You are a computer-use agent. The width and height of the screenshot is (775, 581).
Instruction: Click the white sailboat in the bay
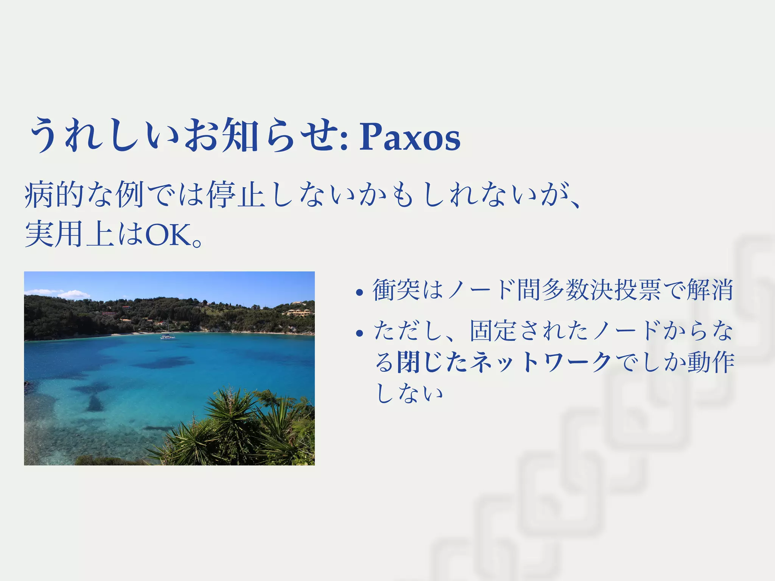click(168, 336)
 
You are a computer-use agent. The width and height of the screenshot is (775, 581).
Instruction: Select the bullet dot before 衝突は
click(359, 292)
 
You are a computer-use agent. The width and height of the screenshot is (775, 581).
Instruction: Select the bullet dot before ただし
click(359, 333)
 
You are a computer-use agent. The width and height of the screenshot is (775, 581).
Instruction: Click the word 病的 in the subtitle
click(54, 195)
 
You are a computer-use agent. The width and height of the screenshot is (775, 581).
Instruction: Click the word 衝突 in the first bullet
click(396, 290)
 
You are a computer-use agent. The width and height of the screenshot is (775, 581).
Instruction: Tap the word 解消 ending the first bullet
click(710, 290)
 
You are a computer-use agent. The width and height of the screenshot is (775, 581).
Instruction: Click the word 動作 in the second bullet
click(711, 362)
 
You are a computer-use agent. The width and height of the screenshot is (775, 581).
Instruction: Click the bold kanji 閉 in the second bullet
click(409, 362)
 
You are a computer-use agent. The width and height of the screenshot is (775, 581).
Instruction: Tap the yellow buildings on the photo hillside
click(299, 312)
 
